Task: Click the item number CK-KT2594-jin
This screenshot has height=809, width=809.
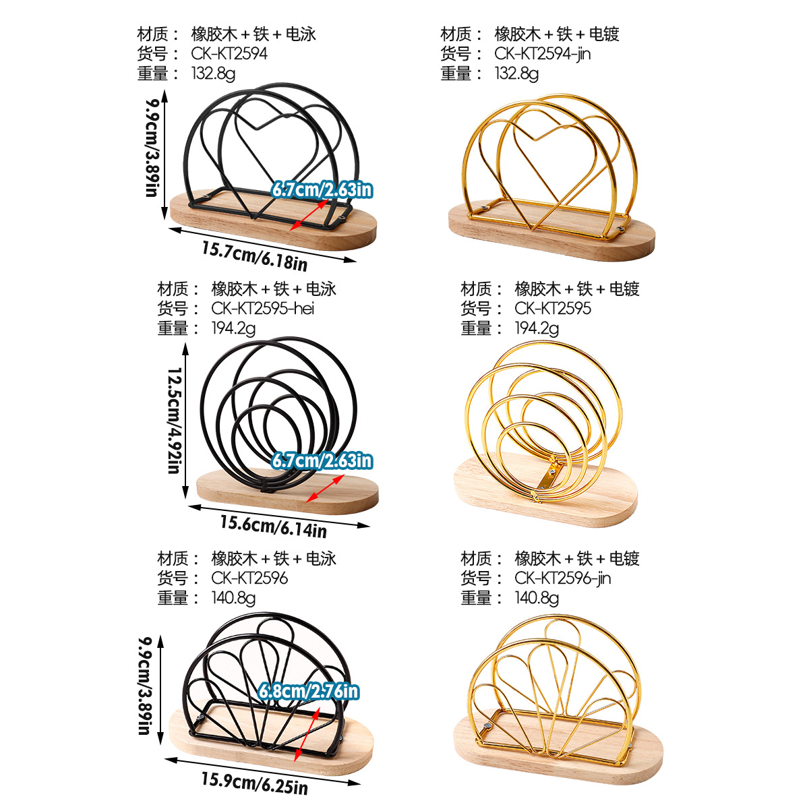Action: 542,53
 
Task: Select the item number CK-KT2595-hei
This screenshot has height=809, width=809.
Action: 263,308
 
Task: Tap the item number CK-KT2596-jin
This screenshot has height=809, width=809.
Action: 562,578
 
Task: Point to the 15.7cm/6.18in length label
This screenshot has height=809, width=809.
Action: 255,254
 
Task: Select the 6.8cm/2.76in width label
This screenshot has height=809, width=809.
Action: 309,690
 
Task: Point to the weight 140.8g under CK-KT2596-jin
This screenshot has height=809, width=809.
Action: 537,598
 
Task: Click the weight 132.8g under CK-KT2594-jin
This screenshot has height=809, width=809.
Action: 516,73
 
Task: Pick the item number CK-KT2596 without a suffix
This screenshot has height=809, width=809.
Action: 249,578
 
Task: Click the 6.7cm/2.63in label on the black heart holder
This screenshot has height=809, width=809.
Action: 322,190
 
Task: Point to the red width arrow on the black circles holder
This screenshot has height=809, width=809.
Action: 325,487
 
